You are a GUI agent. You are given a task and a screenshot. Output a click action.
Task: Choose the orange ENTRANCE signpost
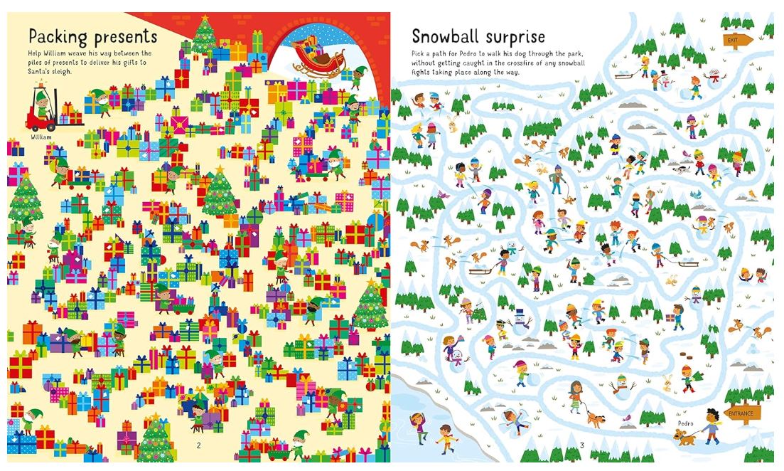click(742, 413)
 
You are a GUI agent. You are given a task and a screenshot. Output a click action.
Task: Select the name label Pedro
click(684, 423)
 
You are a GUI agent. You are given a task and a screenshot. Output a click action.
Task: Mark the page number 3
click(581, 445)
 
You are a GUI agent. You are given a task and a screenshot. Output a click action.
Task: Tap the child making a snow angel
click(513, 420)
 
